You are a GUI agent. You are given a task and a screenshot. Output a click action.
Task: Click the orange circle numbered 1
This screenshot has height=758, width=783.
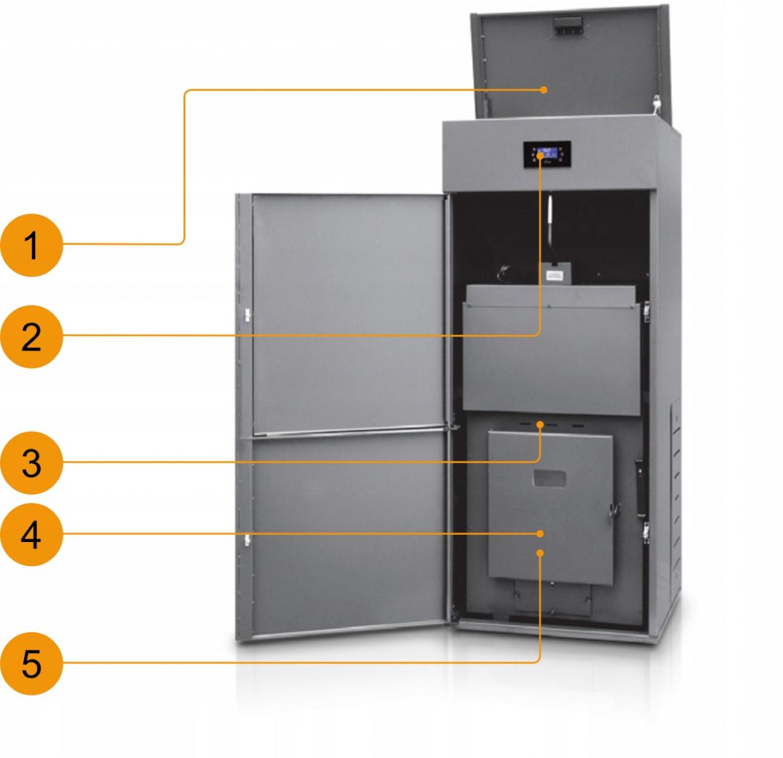click(31, 246)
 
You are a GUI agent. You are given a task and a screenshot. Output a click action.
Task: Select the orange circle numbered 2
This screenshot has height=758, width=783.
click(31, 337)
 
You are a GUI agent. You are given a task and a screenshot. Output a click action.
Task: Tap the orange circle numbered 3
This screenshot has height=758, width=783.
click(31, 463)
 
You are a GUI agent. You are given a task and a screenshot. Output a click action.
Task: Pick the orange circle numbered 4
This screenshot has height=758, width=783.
click(31, 535)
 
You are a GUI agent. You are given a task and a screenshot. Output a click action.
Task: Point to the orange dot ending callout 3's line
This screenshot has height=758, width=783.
click(540, 425)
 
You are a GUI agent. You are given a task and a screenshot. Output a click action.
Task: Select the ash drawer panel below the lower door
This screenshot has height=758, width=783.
click(553, 597)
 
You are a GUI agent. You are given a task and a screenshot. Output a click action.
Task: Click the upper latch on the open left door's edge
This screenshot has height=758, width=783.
click(247, 314)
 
